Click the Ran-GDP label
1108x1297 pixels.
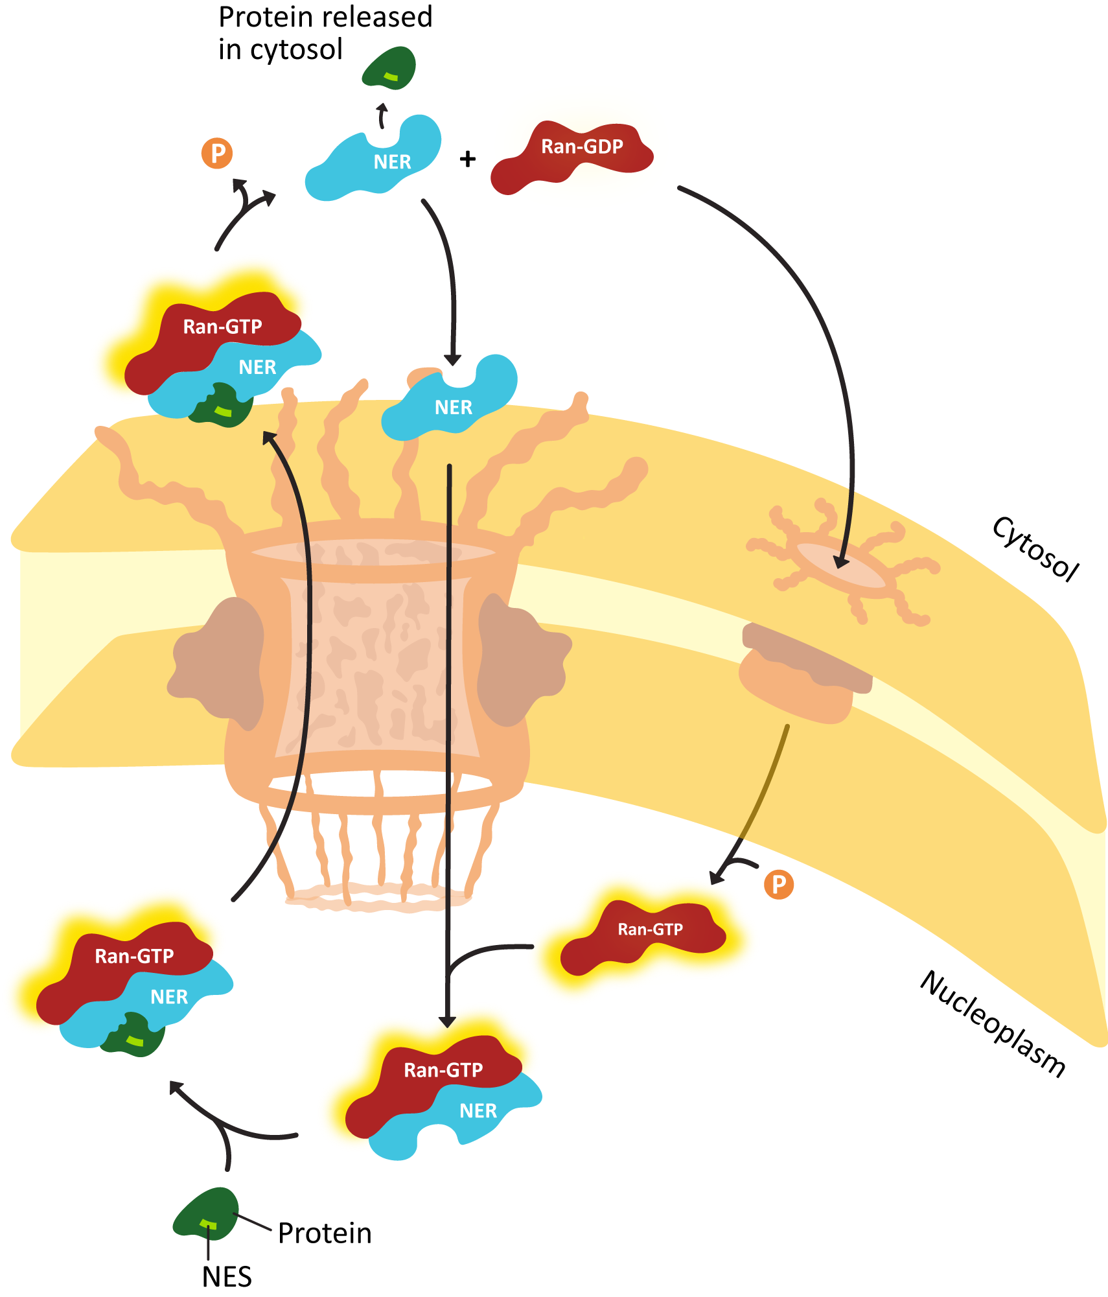click(x=582, y=147)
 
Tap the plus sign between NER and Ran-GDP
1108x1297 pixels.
click(x=467, y=159)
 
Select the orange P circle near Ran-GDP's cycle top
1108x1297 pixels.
click(x=217, y=154)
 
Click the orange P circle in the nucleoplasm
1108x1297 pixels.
click(x=779, y=884)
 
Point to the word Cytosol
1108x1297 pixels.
click(x=1035, y=548)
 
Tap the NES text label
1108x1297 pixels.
click(x=227, y=1276)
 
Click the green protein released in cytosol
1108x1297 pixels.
click(x=388, y=67)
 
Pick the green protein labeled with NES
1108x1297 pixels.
click(x=206, y=1213)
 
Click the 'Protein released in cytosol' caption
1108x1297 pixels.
click(x=325, y=33)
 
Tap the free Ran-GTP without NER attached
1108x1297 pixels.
click(x=643, y=937)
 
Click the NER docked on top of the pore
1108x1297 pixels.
click(x=450, y=398)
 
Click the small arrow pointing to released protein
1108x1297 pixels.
click(x=382, y=116)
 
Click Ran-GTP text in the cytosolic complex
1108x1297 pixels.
click(x=222, y=327)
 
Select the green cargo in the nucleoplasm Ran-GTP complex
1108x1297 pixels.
click(x=133, y=1034)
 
